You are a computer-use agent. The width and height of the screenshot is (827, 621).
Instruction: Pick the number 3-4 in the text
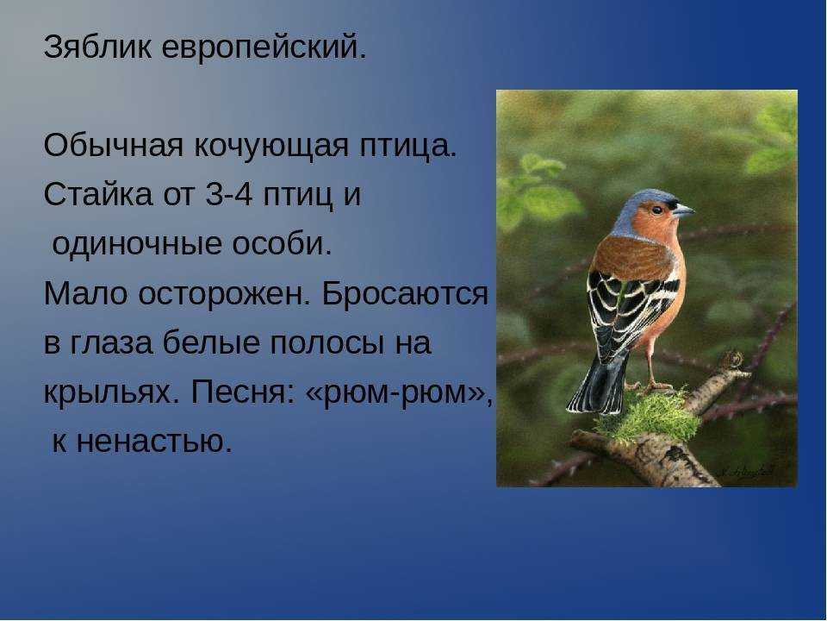coord(227,195)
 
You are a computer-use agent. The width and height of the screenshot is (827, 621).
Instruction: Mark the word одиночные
coord(137,244)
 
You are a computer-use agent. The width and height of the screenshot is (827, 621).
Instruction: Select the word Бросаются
coord(406,293)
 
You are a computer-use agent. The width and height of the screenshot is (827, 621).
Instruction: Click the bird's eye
coord(657,210)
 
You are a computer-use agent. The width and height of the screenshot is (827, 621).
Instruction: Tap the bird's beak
coord(683,210)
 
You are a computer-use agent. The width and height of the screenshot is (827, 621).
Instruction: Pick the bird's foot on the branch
coord(655,386)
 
